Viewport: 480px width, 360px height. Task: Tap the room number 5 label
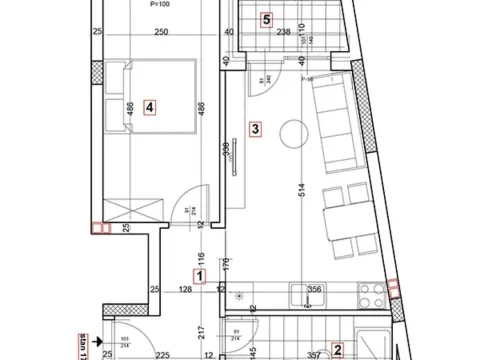click(x=265, y=18)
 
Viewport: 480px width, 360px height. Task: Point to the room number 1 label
click(x=200, y=275)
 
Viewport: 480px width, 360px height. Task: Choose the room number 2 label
click(x=338, y=349)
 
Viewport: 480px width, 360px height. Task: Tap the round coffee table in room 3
click(x=292, y=132)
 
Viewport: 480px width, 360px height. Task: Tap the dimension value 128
click(x=187, y=291)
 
